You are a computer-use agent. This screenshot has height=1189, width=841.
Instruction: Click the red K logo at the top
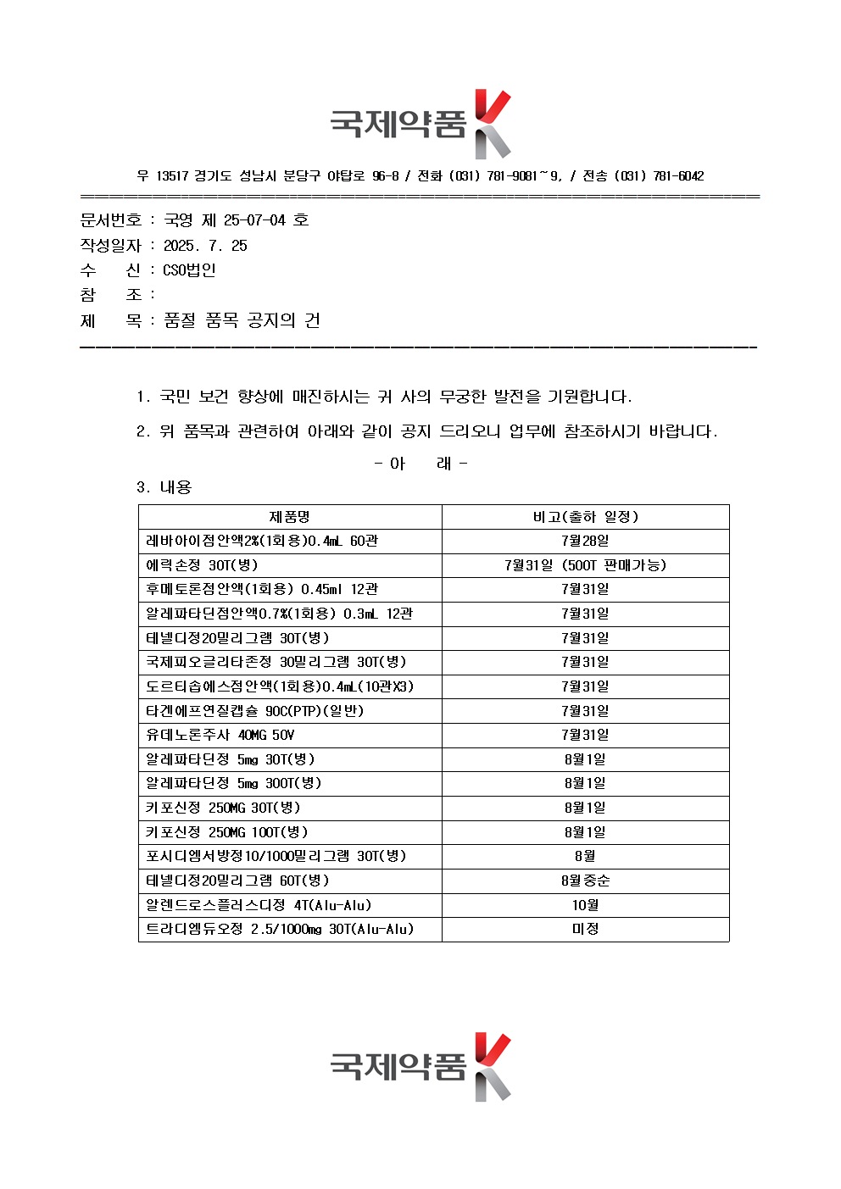[492, 124]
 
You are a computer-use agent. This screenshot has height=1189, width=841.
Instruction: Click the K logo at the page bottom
[492, 1066]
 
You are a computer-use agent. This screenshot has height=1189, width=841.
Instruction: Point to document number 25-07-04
[254, 220]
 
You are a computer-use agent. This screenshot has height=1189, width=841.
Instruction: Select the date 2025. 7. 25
[205, 246]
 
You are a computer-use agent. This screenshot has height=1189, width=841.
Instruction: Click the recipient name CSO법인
[189, 270]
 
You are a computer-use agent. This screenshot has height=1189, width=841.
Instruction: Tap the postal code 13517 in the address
[172, 176]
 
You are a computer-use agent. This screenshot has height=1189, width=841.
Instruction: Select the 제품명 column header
[290, 517]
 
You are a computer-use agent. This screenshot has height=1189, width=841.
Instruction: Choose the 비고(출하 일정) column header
[585, 517]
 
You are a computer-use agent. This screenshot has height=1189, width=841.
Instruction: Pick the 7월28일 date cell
[585, 541]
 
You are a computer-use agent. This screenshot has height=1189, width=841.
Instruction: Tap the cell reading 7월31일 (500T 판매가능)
[585, 565]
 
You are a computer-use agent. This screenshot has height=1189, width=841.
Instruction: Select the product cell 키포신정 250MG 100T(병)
[227, 832]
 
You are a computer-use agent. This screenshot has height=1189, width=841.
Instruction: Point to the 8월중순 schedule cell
[585, 881]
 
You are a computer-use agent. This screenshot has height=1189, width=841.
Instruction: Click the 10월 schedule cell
[585, 905]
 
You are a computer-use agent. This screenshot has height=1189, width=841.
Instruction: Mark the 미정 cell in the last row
[585, 929]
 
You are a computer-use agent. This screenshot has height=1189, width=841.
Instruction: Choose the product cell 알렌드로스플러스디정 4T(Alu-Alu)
[259, 905]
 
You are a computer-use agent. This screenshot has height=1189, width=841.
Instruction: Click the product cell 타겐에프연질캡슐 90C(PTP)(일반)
[255, 711]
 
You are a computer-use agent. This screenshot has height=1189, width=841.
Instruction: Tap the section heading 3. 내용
[164, 487]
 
